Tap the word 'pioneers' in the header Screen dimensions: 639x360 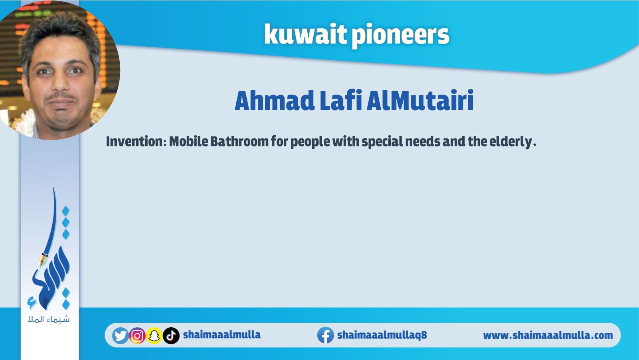point(401,36)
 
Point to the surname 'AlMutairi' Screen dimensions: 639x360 point(420,100)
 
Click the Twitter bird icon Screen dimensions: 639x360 point(121,336)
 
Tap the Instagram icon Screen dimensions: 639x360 point(137,336)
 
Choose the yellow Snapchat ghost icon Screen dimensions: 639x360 point(154,336)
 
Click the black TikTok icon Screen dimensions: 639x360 point(171,336)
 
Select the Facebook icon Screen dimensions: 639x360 point(326,335)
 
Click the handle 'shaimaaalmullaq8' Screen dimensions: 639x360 point(382,335)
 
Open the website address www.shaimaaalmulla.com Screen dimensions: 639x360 point(548,336)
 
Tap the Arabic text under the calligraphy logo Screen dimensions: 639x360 point(49,319)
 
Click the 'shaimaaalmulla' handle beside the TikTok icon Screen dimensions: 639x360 point(222,335)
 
